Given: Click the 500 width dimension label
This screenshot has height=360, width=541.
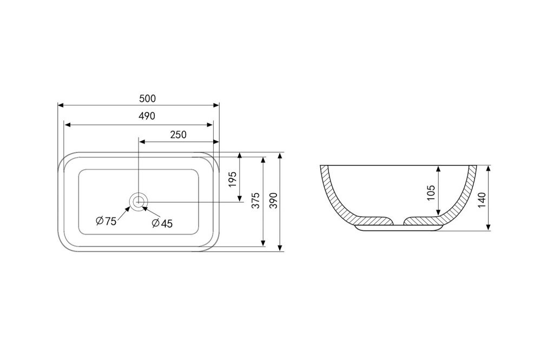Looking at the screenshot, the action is click(147, 98).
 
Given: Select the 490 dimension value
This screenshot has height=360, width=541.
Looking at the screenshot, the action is click(147, 116).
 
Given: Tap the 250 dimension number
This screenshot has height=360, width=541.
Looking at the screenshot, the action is click(179, 135).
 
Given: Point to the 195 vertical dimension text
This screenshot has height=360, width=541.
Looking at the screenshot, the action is click(233, 179).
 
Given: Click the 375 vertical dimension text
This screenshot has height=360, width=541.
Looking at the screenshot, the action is click(255, 200).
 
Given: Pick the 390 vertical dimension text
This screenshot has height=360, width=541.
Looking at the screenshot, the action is click(273, 200).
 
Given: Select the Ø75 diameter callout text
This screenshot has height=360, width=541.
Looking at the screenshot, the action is click(106, 221).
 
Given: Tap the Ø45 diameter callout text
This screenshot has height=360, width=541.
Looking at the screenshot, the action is click(162, 223).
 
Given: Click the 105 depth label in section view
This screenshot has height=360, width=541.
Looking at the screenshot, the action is click(431, 193).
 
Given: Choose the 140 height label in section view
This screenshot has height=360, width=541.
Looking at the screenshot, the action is click(482, 200).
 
